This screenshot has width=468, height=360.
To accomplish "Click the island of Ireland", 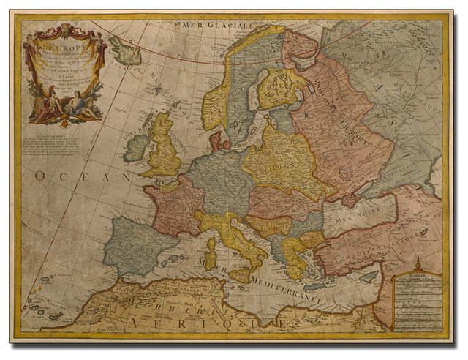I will pos(136,148).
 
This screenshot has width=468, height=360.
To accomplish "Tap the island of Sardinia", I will pos(210,255).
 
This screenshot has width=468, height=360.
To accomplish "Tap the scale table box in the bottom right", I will pos(417,300).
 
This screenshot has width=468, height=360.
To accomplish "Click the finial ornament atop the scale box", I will pos(417,262).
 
